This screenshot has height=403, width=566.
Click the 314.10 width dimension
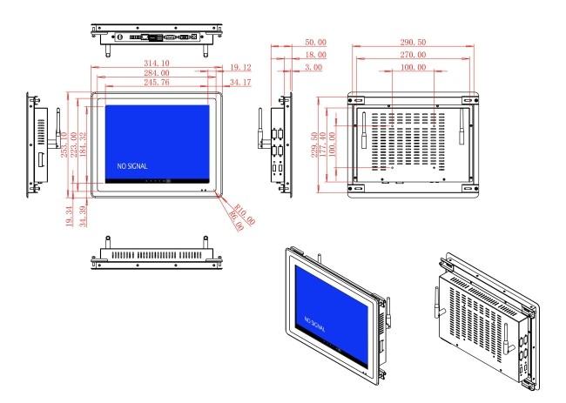(x=157, y=64)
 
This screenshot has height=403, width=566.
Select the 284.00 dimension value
(x=157, y=73)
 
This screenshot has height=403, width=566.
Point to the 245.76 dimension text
(x=157, y=83)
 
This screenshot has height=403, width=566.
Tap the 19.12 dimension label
(x=240, y=68)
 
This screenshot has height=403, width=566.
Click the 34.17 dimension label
(x=240, y=83)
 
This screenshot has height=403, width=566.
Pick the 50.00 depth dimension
(x=316, y=42)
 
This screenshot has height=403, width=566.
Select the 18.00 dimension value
(x=316, y=55)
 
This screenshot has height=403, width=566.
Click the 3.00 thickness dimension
(x=313, y=67)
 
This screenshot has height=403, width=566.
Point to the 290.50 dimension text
(x=413, y=42)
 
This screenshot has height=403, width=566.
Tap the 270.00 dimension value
(x=413, y=55)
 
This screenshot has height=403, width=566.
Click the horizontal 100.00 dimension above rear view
(x=413, y=67)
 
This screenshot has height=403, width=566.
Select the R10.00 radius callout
(x=245, y=214)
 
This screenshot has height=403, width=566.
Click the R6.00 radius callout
(x=237, y=220)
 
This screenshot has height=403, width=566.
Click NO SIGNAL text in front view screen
(x=132, y=166)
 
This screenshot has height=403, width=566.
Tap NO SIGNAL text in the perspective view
(x=314, y=324)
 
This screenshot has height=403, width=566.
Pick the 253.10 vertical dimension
(x=64, y=144)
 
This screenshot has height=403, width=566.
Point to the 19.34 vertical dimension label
(x=70, y=216)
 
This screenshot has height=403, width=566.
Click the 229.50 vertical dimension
(x=314, y=144)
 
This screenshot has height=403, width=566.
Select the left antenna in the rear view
(x=364, y=130)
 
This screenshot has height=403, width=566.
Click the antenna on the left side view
(x=57, y=128)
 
